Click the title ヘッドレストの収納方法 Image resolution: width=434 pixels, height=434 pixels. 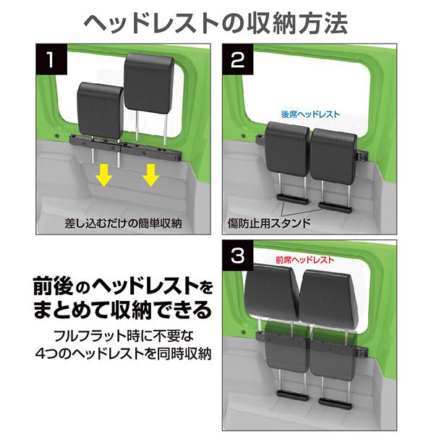(x=217, y=22)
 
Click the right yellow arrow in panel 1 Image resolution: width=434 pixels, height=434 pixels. (x=150, y=174)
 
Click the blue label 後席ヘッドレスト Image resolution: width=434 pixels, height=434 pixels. (x=310, y=114)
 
